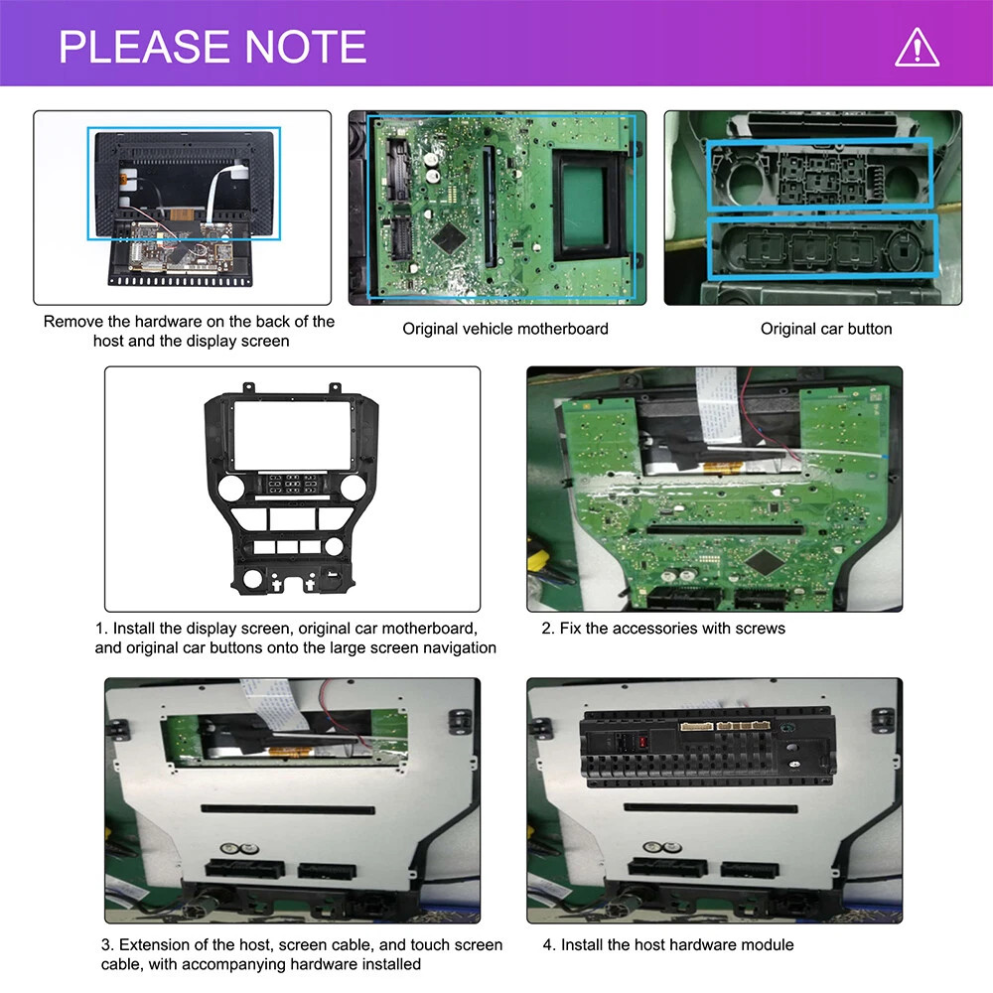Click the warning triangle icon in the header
pos(917,47)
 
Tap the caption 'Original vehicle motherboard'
pos(505,329)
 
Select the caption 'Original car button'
pos(826,329)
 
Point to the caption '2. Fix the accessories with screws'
pos(663,629)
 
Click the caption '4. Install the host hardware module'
pos(668,945)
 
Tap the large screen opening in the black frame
pos(293,435)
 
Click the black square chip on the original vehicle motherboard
pos(449,237)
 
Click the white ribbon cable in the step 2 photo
pos(718,404)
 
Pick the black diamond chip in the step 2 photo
pos(765,561)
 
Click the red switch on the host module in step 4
pos(642,742)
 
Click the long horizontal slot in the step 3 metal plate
pos(288,809)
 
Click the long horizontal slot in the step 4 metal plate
pos(711,808)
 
